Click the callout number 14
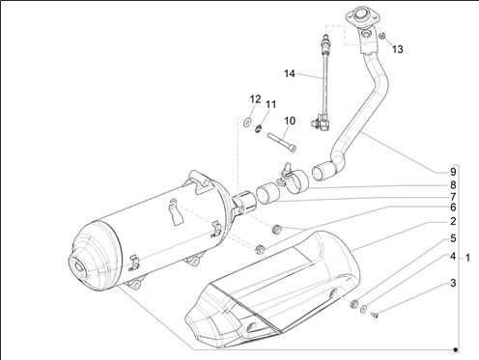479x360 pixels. (x=290, y=73)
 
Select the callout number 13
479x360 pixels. (x=397, y=49)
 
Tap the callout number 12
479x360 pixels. (x=255, y=99)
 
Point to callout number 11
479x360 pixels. (x=270, y=104)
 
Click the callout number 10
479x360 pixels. (x=290, y=121)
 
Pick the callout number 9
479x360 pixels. (x=453, y=172)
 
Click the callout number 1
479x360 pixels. (x=467, y=258)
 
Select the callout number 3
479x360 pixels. (x=453, y=283)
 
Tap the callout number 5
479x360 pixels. (x=453, y=238)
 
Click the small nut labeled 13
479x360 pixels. (x=382, y=36)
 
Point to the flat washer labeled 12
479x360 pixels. (x=247, y=123)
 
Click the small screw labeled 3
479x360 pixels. (x=375, y=316)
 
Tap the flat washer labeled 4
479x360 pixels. (x=363, y=309)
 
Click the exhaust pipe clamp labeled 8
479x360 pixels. (x=294, y=180)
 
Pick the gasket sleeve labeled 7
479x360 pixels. (x=268, y=193)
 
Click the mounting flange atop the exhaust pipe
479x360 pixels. (x=361, y=16)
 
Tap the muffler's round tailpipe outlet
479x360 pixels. (x=79, y=267)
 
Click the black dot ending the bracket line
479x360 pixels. (x=456, y=349)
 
